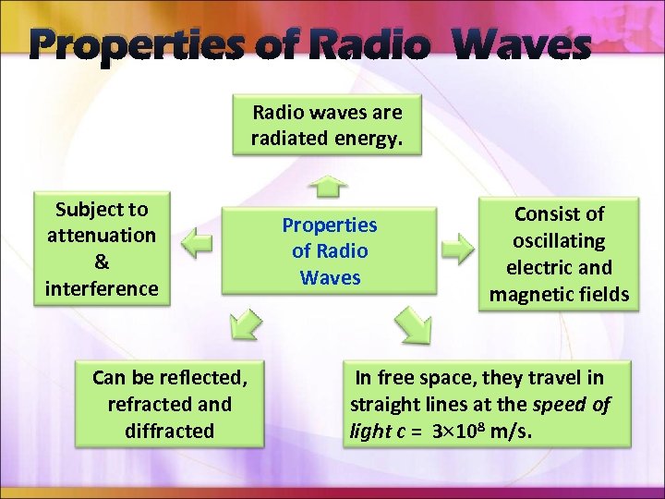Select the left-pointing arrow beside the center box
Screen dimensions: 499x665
197,246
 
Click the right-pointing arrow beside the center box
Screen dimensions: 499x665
456,249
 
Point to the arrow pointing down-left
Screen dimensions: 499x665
244,324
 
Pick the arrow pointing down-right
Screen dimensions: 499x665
412,324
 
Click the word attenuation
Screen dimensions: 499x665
102,236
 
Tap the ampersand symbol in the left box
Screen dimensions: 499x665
102,262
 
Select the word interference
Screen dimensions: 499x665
102,288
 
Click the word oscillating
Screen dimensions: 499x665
559,241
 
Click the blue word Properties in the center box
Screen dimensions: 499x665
330,225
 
